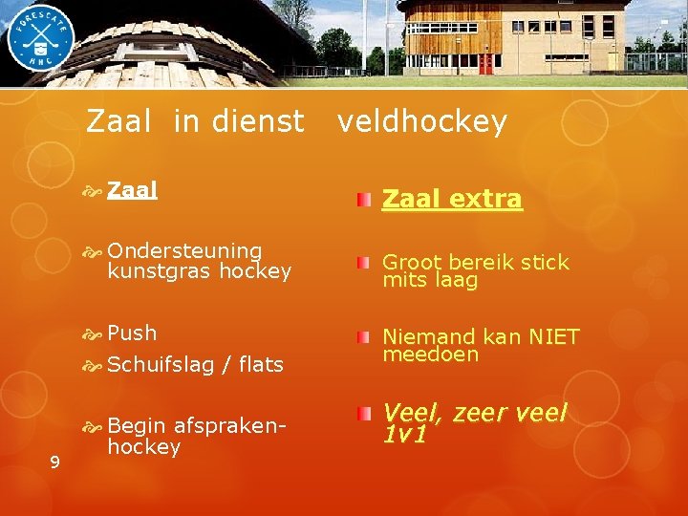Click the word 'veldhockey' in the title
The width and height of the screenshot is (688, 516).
(x=421, y=122)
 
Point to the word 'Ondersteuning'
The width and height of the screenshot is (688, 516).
(x=185, y=250)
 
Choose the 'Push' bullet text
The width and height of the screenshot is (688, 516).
(x=133, y=333)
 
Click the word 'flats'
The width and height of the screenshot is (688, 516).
(x=261, y=364)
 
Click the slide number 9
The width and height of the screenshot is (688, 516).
(x=54, y=462)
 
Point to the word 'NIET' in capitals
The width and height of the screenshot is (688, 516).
(x=553, y=336)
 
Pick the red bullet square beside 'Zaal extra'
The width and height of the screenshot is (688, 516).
(x=364, y=199)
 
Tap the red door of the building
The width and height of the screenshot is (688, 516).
(x=486, y=63)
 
